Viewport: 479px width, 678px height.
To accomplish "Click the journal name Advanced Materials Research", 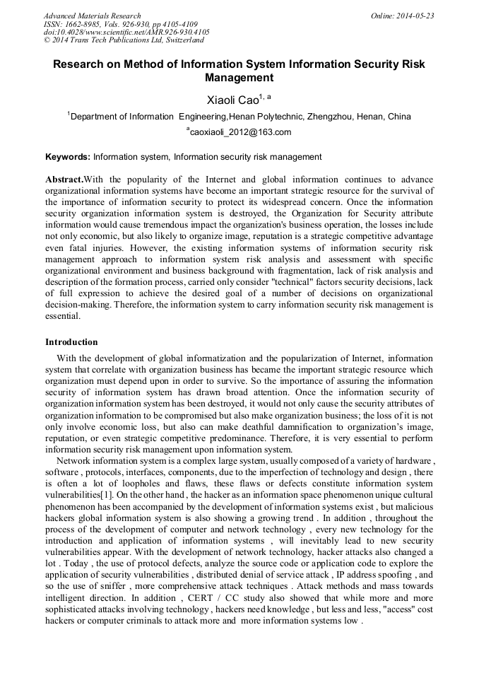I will (x=92, y=16).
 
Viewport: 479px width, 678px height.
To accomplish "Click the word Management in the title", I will (x=239, y=78).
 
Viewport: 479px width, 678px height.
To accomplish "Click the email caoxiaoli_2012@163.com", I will (x=240, y=132).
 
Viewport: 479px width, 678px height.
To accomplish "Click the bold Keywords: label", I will (x=67, y=157).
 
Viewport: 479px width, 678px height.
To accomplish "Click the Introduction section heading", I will (x=71, y=342).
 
